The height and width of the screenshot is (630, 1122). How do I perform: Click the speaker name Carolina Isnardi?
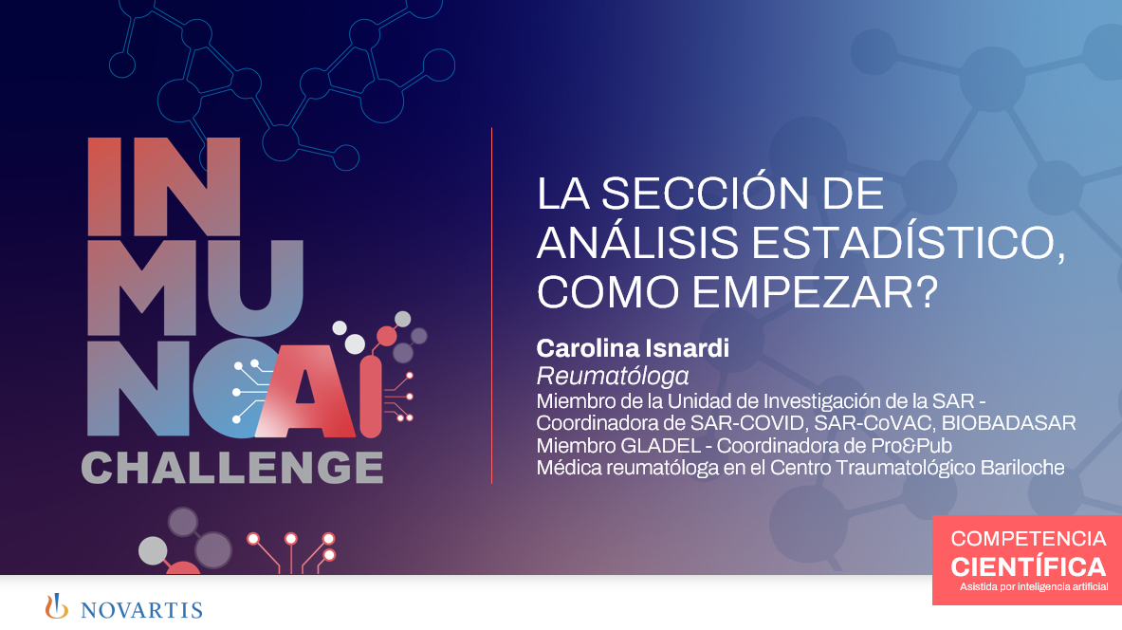tap(633, 348)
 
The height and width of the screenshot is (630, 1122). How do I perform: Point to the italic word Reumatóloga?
tap(613, 375)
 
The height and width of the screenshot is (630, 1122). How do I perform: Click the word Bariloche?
tap(1019, 468)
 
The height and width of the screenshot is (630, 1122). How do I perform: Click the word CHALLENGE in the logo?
tap(232, 468)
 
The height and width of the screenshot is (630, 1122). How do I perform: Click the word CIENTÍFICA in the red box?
tap(1028, 567)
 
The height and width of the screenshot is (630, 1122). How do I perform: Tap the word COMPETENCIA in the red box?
tap(1028, 539)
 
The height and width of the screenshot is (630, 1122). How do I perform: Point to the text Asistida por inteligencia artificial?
tap(1033, 588)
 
